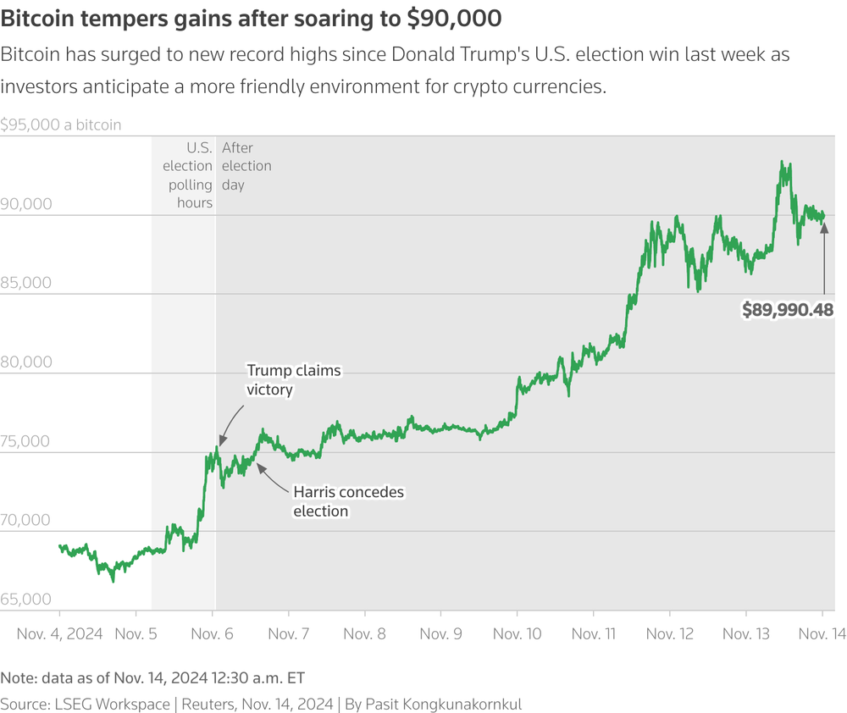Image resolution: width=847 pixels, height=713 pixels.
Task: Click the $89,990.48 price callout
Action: [787, 310]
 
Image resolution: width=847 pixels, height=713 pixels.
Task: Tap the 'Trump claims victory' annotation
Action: [294, 379]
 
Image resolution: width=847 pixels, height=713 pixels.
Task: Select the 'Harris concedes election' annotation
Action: [348, 501]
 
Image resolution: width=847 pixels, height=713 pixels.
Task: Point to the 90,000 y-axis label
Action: [26, 203]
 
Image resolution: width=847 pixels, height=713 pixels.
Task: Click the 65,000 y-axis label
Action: [26, 599]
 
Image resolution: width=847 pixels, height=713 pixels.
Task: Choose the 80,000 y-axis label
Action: [26, 362]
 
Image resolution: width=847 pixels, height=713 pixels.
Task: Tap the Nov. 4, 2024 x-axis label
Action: [59, 633]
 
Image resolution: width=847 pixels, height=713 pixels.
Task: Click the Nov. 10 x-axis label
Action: [517, 633]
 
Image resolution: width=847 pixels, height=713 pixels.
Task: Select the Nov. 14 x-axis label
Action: [822, 633]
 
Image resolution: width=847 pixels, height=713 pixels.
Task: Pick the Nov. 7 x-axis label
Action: [289, 633]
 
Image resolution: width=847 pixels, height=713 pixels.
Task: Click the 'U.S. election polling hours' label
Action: [187, 175]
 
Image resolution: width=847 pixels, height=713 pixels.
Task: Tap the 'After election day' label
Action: [246, 166]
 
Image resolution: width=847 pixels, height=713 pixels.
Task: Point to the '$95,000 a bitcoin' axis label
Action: [60, 124]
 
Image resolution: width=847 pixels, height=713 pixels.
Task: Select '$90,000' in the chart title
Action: [454, 19]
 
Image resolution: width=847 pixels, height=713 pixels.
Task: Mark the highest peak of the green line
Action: [781, 161]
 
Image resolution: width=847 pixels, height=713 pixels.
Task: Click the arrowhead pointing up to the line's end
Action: [824, 228]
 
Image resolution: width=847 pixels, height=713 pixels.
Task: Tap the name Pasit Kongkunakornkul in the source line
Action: [444, 705]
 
